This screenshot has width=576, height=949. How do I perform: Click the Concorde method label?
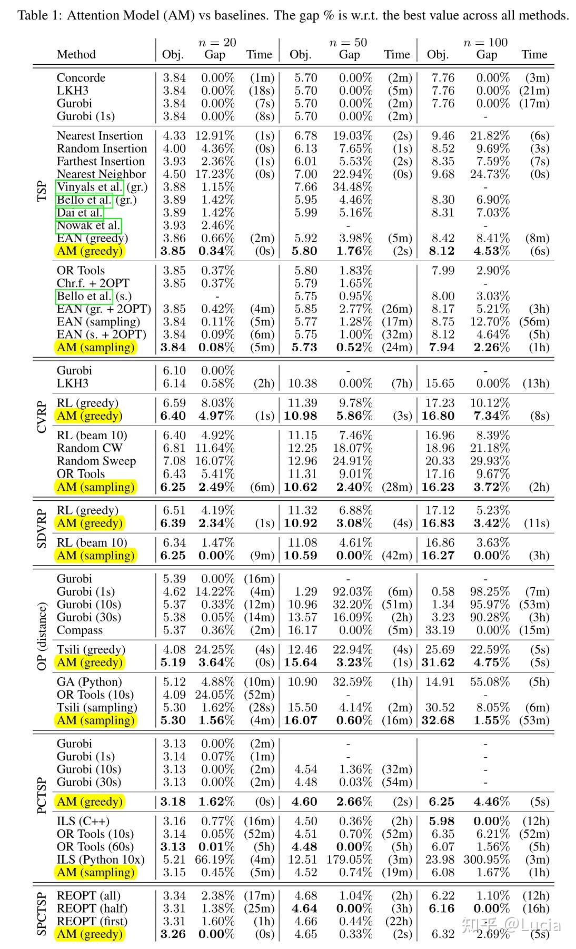point(81,77)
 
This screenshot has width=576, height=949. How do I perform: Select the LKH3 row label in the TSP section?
point(73,91)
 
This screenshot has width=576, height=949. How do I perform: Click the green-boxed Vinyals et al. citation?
point(90,187)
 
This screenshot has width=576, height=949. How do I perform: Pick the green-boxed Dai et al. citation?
point(80,213)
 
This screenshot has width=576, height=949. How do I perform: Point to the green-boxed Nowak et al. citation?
point(89,226)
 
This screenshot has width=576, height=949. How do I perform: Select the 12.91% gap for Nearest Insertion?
point(215,136)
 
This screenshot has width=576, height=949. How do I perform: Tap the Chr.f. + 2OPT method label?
point(93,283)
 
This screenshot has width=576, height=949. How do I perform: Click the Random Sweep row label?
point(96,461)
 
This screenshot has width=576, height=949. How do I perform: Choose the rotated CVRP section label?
point(43,418)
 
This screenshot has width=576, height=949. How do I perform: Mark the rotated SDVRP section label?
point(43,528)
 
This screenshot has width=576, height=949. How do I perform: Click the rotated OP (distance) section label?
point(43,636)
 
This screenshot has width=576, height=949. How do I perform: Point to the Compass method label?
point(80,630)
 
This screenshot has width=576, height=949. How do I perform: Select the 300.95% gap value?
point(486,859)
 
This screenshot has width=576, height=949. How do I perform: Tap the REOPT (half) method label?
point(92,908)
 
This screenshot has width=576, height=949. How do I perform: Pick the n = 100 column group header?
point(485,43)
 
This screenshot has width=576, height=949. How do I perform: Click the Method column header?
point(76,55)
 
